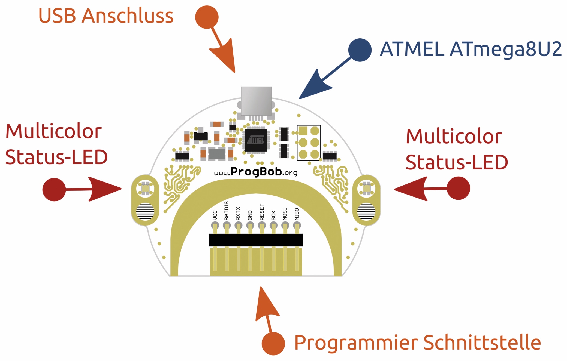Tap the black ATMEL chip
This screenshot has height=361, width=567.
click(255, 140)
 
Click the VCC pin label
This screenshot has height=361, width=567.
click(215, 215)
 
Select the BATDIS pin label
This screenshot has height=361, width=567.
click(227, 211)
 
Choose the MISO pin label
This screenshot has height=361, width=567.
click(297, 214)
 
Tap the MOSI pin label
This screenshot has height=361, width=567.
click(285, 214)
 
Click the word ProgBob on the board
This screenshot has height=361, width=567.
click(256, 172)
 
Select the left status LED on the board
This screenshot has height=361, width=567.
click(146, 188)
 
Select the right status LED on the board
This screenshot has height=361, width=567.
click(366, 188)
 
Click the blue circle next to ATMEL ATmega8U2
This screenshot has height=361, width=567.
click(360, 50)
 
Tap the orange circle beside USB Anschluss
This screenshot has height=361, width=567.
click(207, 17)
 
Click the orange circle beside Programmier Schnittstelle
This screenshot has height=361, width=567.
click(273, 343)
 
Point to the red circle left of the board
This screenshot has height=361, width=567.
click(54, 190)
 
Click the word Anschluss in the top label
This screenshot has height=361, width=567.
click(127, 16)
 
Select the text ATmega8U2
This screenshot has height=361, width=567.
click(505, 50)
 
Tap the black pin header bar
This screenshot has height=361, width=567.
click(256, 240)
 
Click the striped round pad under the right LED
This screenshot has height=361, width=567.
click(366, 211)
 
